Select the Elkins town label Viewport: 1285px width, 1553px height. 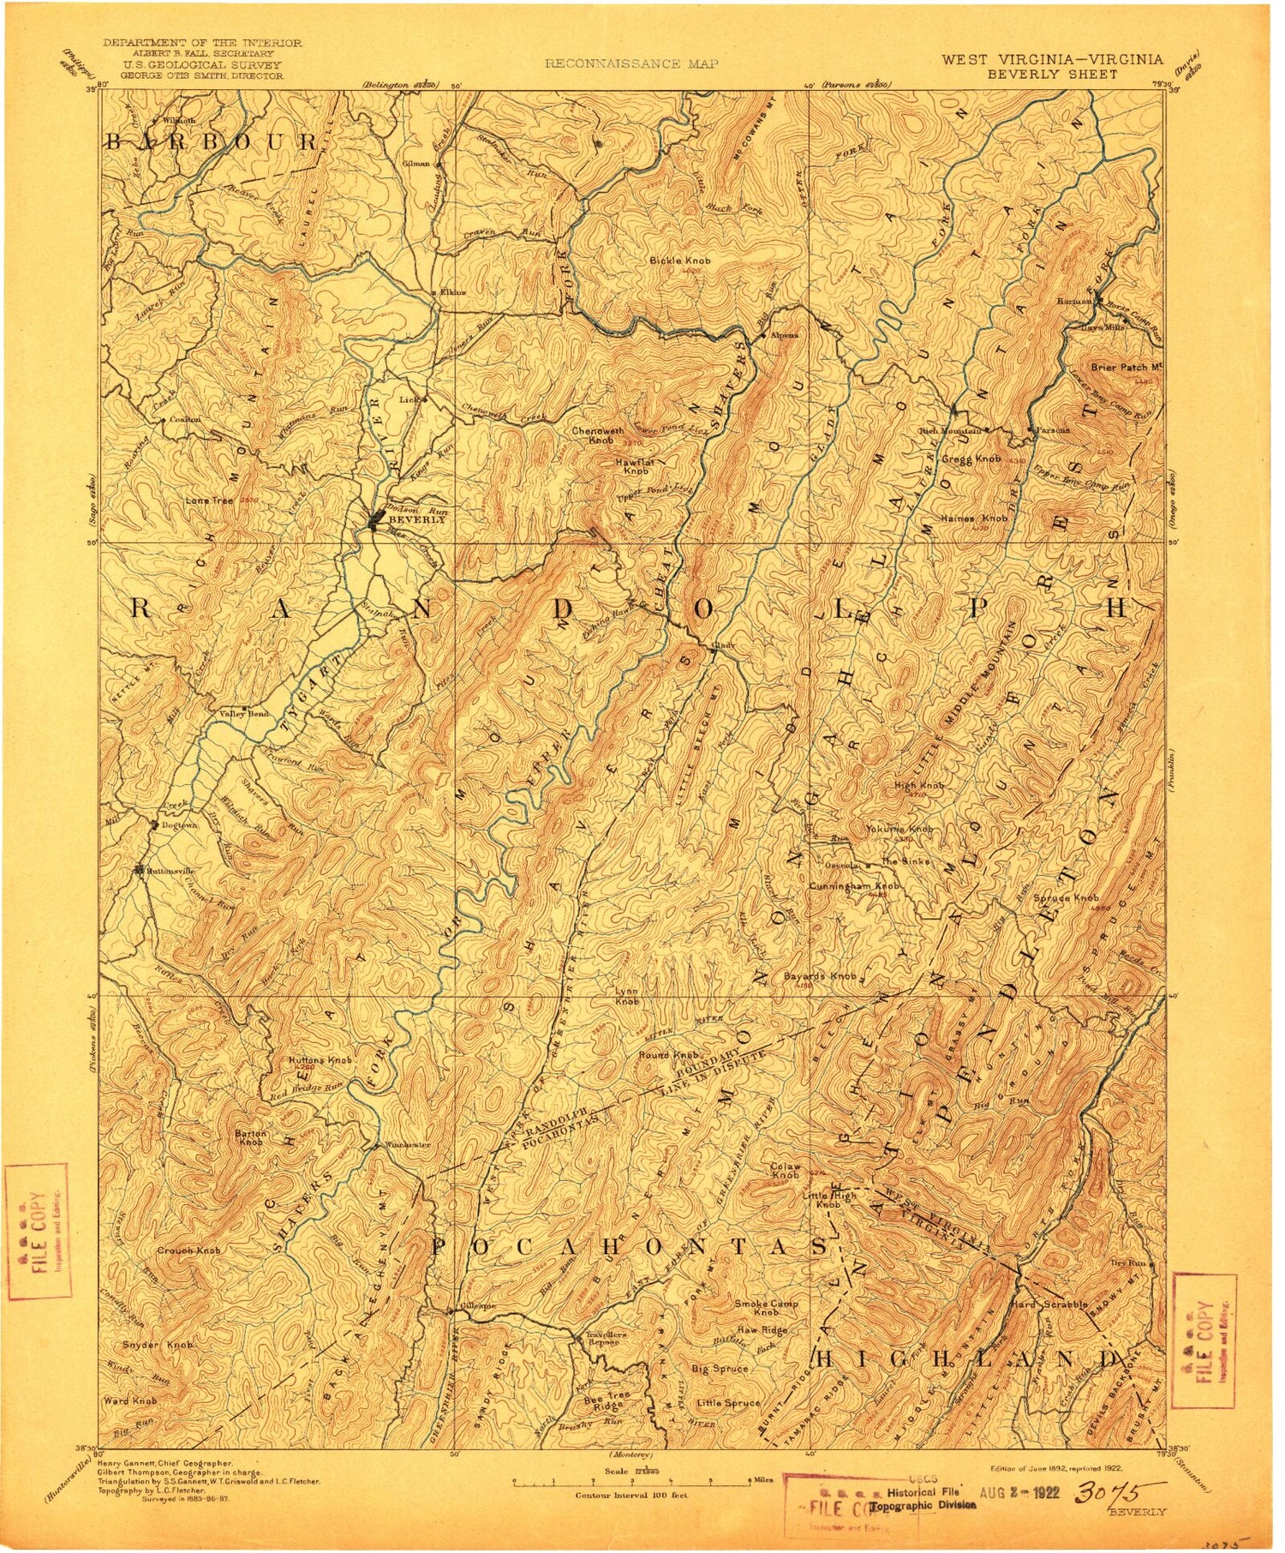pos(453,292)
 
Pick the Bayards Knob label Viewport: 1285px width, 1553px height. pos(820,976)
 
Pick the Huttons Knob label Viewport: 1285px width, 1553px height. pos(320,1060)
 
